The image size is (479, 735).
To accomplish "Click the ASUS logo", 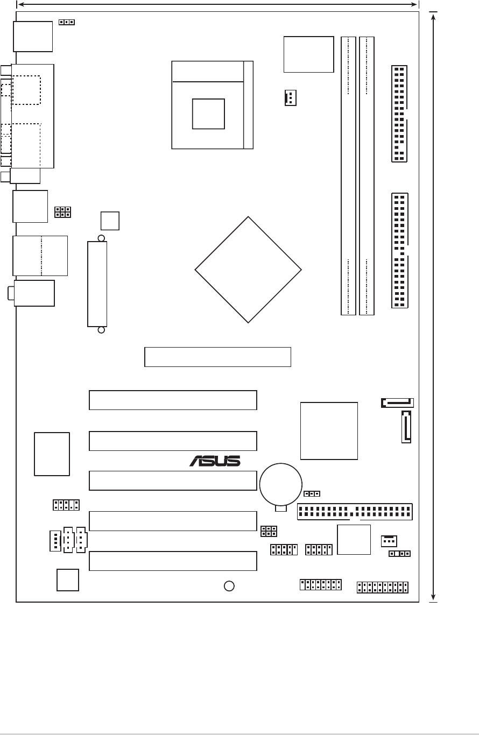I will (215, 461).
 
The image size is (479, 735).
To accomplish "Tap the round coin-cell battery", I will (280, 483).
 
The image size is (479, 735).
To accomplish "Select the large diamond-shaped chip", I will (248, 270).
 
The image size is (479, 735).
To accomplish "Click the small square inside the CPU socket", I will (208, 114).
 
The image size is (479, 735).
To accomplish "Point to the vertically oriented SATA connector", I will (406, 427).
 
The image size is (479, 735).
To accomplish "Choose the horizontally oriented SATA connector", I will (397, 402).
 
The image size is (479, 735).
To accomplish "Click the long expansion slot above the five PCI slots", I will (217, 357).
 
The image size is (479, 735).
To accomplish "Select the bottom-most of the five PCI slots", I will (172, 561).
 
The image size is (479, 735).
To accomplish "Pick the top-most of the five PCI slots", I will (172, 400).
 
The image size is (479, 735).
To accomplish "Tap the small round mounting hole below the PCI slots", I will (229, 586).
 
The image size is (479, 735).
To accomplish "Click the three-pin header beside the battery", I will (312, 493).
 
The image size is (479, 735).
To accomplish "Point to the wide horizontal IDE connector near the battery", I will (355, 512).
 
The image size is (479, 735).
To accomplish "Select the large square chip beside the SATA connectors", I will (329, 431).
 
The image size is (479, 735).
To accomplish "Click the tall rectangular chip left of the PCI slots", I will (52, 454).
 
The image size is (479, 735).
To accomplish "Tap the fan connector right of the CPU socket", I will (290, 97).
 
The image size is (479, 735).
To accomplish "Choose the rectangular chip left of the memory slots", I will (309, 54).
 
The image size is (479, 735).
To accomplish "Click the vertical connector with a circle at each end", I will (97, 284).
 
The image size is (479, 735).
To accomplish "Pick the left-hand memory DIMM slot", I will (348, 176).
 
